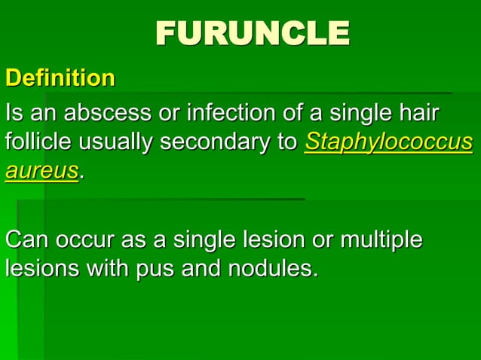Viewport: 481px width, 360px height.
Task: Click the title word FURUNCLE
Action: pos(253,33)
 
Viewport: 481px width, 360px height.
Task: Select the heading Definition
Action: pos(60,78)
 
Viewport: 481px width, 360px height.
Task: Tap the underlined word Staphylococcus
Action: pos(389,143)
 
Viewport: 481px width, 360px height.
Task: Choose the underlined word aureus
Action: pos(41,171)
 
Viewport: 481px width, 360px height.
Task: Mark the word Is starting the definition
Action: pos(14,114)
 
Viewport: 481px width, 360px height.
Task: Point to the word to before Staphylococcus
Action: pos(286,143)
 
